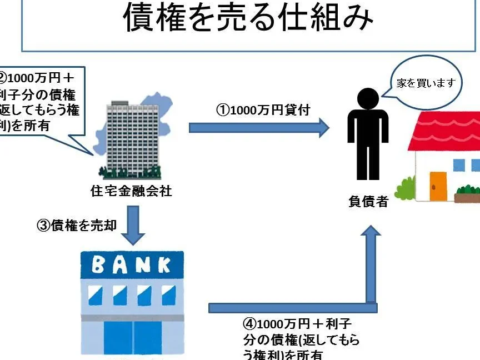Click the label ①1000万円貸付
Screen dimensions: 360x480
tap(263, 109)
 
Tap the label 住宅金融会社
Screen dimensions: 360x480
tap(131, 192)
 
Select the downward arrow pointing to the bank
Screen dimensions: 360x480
tap(133, 224)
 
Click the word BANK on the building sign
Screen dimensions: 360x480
tap(132, 265)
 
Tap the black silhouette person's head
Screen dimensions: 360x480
tap(368, 99)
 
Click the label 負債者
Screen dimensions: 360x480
tap(368, 202)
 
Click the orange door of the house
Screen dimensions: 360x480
tap(438, 186)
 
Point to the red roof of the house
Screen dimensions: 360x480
tap(444, 131)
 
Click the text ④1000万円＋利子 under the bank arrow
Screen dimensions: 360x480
tap(297, 324)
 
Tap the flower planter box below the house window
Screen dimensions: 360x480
tap(467, 196)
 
